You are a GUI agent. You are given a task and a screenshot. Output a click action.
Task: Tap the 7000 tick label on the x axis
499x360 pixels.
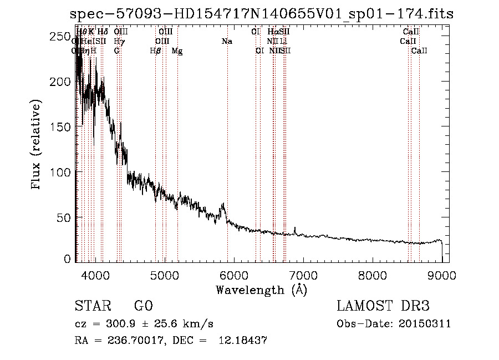[303, 273]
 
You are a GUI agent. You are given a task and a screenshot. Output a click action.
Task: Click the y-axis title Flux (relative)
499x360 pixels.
[37, 145]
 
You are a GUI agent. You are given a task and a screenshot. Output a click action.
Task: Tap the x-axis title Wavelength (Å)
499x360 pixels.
[261, 290]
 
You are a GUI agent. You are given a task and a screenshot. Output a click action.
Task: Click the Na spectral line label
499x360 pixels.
[227, 42]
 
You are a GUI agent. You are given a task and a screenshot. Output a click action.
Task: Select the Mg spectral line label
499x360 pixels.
[177, 51]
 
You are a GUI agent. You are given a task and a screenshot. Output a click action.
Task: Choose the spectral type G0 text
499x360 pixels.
[143, 307]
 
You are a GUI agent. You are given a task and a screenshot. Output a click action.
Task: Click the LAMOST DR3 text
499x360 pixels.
[383, 307]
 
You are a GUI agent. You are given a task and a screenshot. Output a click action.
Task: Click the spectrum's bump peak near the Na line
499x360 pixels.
[223, 204]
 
